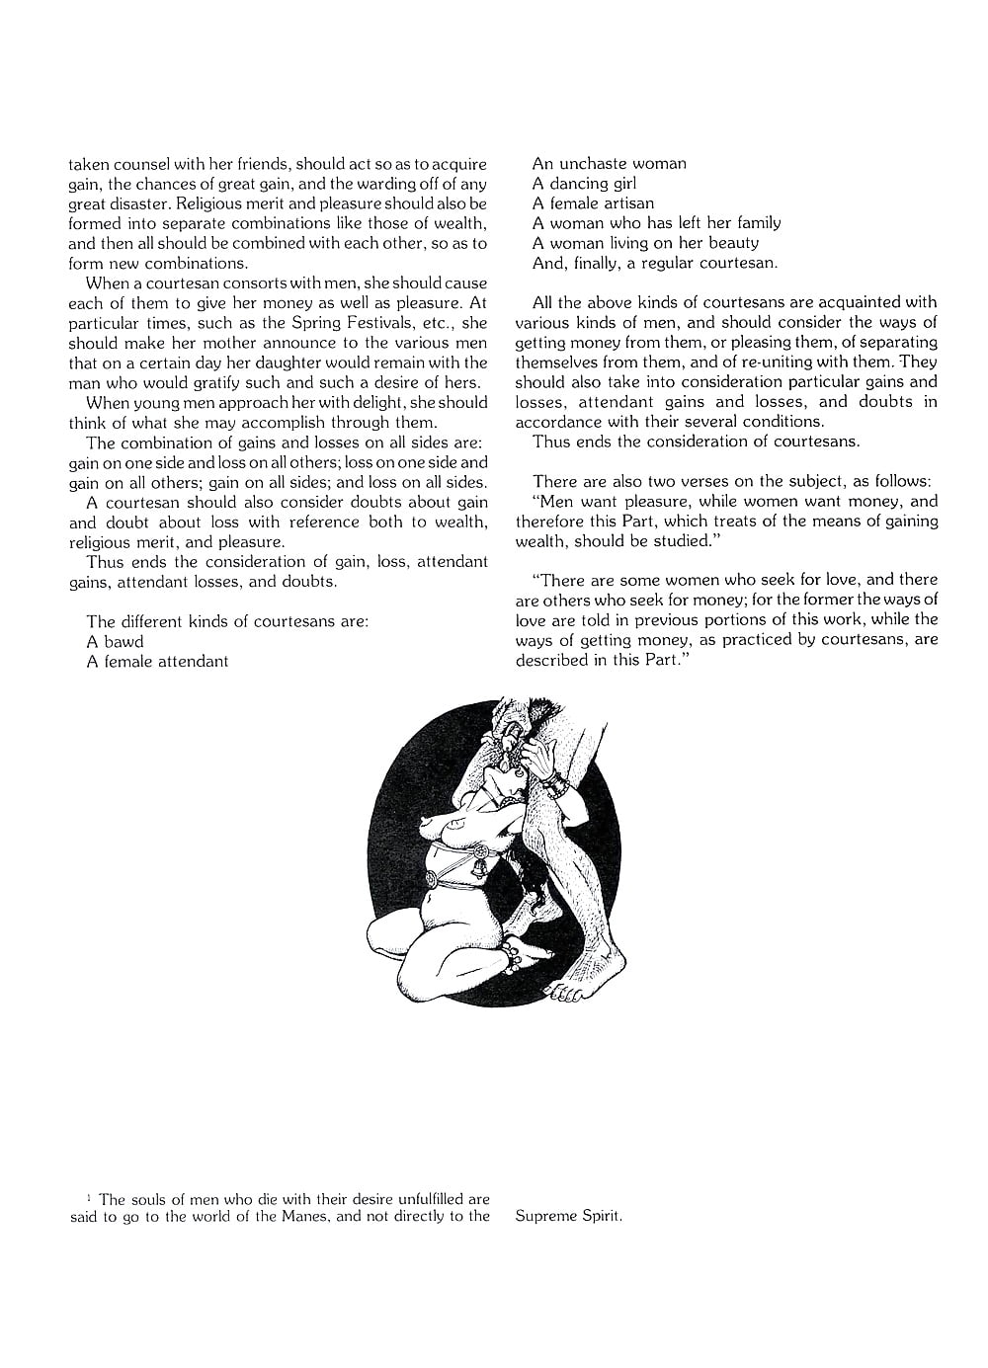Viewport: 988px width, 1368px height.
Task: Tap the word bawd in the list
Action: [123, 641]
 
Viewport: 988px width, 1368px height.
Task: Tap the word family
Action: [750, 222]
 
